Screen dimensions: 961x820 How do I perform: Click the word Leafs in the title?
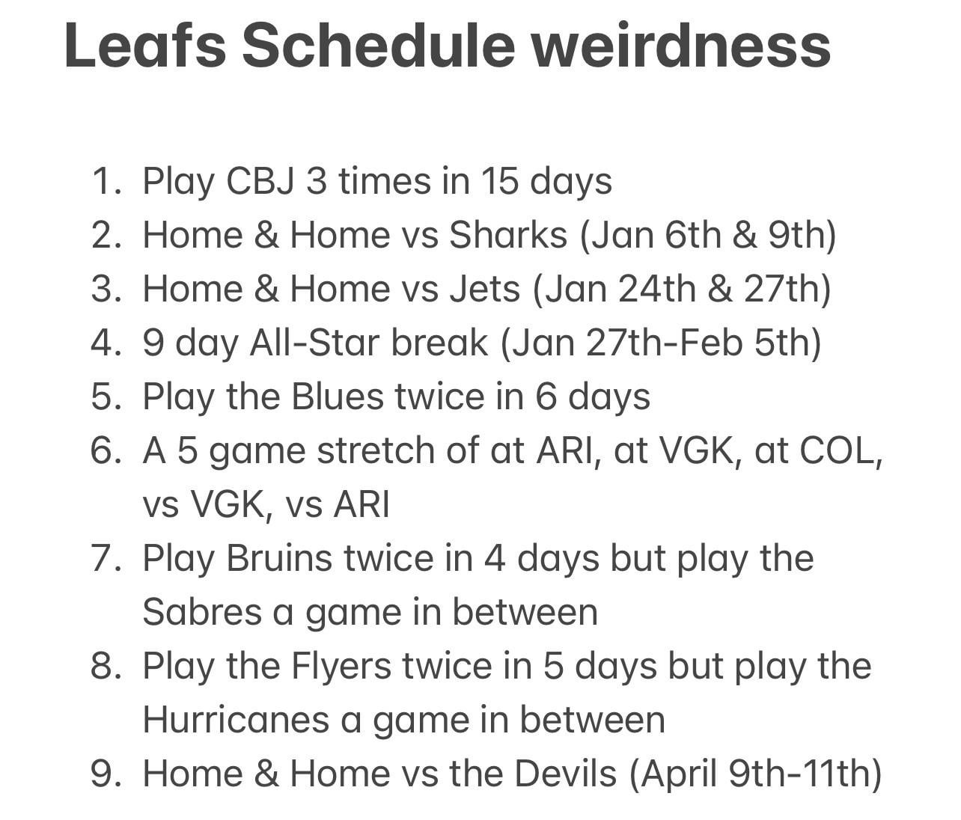(x=145, y=46)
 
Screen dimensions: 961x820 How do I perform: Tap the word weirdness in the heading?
(x=682, y=46)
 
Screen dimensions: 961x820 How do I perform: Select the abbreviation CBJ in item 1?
(x=260, y=181)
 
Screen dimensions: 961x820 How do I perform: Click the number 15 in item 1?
(x=499, y=181)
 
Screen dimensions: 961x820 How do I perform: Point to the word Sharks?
(x=508, y=234)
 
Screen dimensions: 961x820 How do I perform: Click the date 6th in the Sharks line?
(x=692, y=234)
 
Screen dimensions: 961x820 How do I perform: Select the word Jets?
(x=484, y=288)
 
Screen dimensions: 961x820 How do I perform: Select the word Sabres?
(x=202, y=612)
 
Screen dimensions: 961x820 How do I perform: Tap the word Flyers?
(x=341, y=666)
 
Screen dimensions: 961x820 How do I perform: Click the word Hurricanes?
(x=236, y=720)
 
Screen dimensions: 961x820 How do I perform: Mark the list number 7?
(x=107, y=558)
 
